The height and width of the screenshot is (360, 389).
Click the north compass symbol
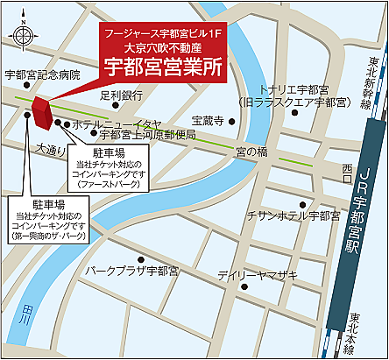point(24,32)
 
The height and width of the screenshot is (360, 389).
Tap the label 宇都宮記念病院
point(41,75)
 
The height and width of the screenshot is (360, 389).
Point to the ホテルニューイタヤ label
point(117,124)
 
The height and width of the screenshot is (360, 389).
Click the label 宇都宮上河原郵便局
point(147,135)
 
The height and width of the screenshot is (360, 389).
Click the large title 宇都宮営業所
point(163,67)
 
